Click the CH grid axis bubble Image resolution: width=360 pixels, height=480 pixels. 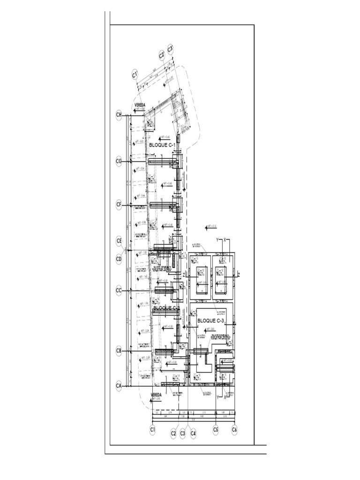(119, 114)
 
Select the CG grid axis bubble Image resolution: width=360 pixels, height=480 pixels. (119, 161)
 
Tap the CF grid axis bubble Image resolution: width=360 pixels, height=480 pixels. (119, 204)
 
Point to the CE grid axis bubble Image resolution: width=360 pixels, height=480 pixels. (119, 241)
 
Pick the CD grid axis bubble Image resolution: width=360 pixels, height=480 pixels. (119, 258)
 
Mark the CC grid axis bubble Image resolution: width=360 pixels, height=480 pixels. (119, 291)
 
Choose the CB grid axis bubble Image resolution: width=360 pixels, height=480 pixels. (119, 351)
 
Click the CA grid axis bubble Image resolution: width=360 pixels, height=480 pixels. (119, 385)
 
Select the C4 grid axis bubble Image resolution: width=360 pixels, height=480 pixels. (193, 434)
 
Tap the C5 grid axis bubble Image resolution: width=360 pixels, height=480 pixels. (216, 428)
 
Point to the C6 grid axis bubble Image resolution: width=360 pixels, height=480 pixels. (234, 428)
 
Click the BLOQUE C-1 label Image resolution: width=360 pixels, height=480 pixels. (163, 146)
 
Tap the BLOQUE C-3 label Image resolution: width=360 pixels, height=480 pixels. (212, 321)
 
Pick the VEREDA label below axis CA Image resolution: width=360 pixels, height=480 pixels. (156, 395)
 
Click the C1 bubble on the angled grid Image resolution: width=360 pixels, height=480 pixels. (135, 74)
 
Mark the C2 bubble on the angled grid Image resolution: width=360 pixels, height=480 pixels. (162, 55)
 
